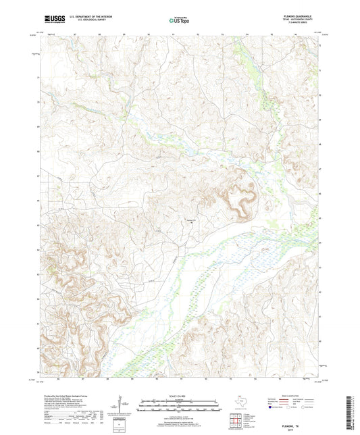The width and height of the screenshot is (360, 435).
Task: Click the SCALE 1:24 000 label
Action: click(x=179, y=396)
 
